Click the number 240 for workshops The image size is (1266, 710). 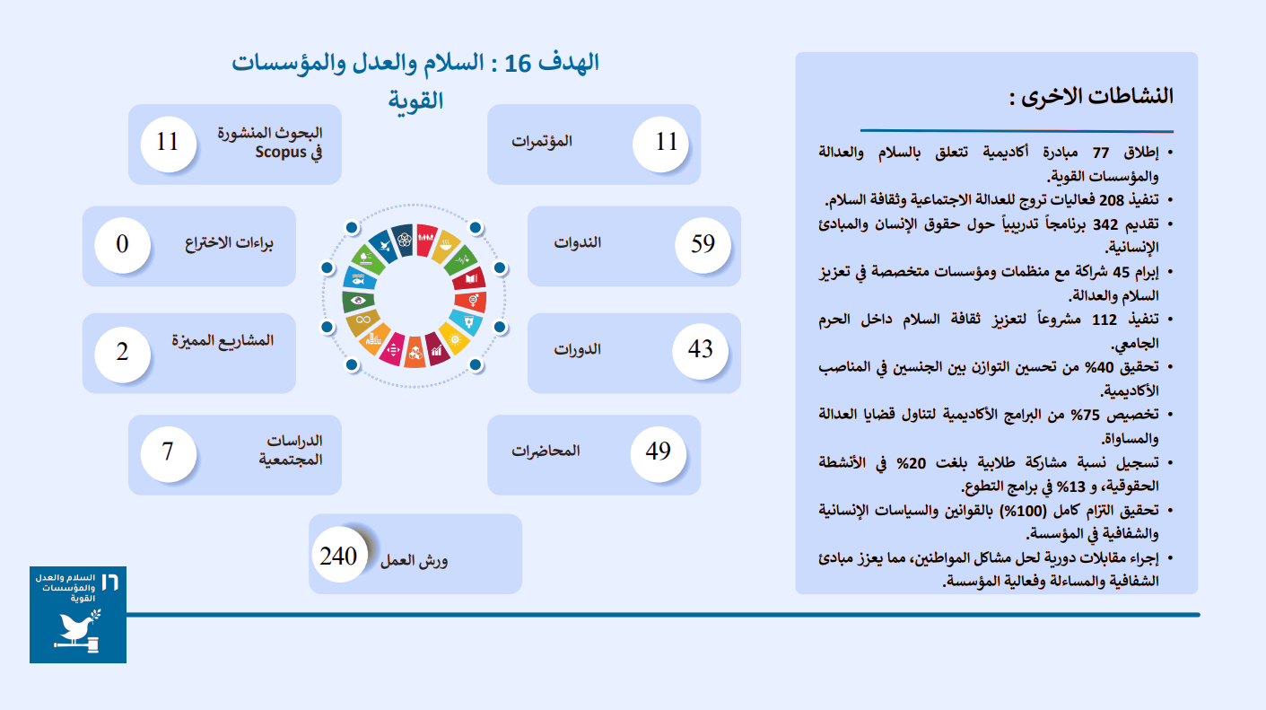point(338,557)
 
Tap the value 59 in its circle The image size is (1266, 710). point(703,243)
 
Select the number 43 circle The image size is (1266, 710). point(700,349)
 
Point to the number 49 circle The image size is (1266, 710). point(658,451)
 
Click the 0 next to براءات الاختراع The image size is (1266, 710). point(122,244)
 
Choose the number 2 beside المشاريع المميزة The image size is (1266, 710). point(122,352)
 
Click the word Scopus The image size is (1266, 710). point(281,152)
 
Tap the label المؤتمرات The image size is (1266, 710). point(541,141)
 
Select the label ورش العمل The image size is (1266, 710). point(414,561)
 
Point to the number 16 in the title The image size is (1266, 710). point(518,64)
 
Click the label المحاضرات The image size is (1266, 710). point(546,451)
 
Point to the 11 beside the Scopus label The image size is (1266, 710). point(167,141)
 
